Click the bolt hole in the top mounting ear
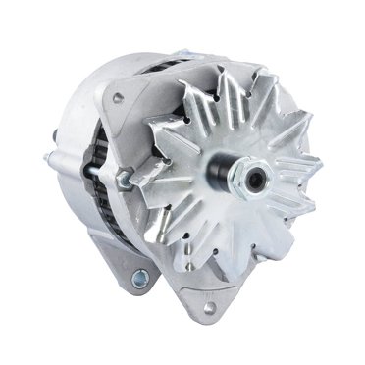tap(119, 97)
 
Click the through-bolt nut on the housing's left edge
tap(124, 179)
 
